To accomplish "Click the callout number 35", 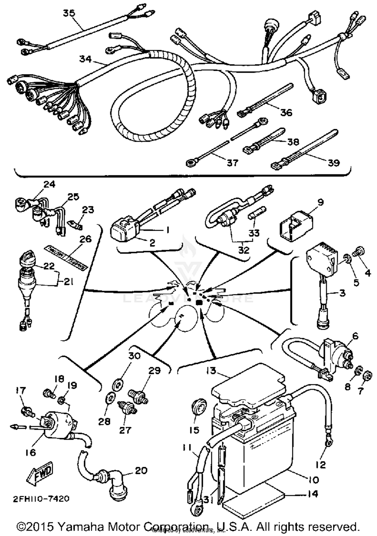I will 69,13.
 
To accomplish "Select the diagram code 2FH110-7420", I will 41,498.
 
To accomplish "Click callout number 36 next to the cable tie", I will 286,112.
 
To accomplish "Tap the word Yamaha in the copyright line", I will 79,526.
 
